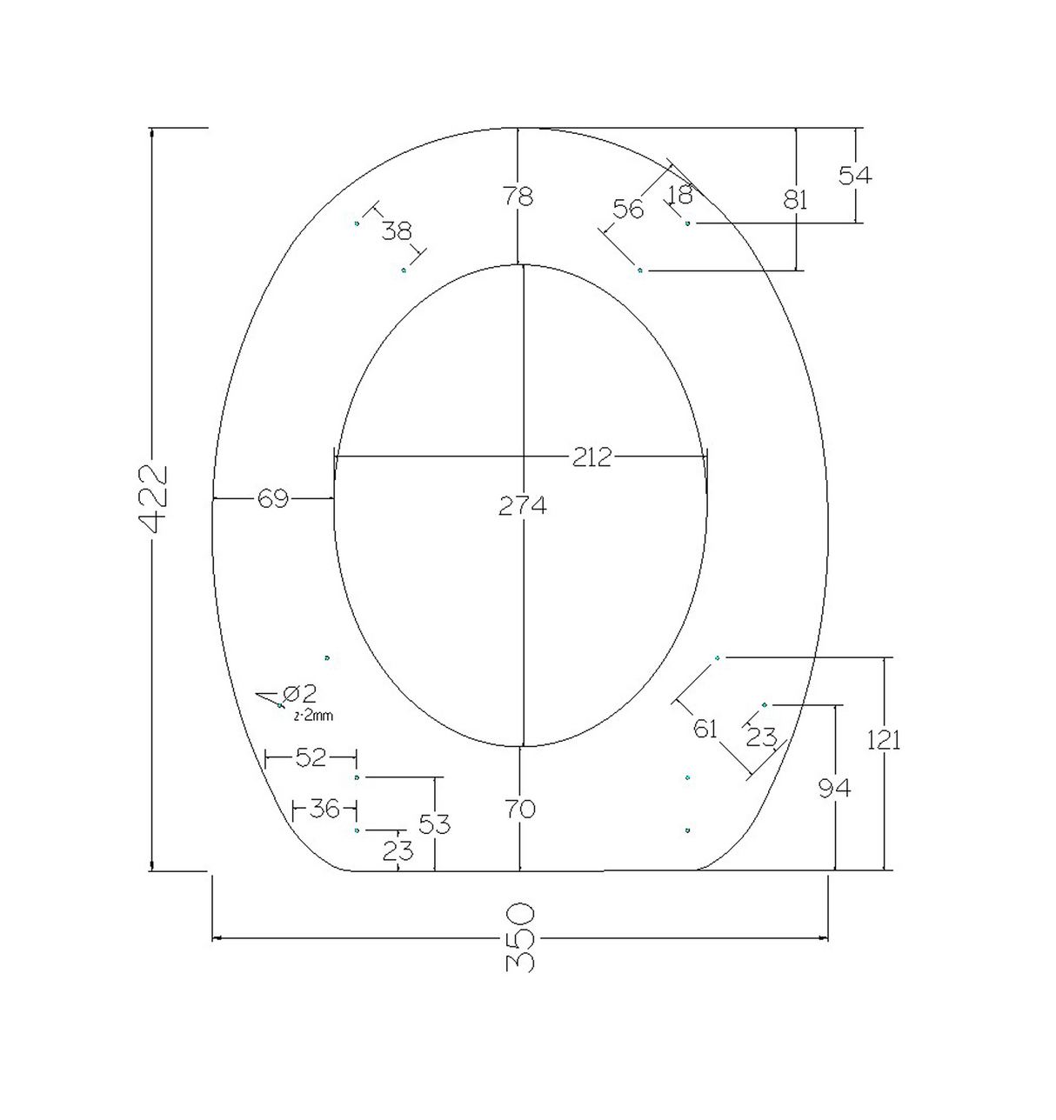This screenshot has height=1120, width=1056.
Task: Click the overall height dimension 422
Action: tap(151, 498)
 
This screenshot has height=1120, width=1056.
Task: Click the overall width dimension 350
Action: tap(519, 937)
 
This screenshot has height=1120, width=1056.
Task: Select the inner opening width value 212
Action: tap(592, 457)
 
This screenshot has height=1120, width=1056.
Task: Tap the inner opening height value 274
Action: tap(522, 505)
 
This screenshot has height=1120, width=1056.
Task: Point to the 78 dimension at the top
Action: tap(518, 197)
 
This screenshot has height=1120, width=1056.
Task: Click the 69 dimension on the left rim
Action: tap(272, 499)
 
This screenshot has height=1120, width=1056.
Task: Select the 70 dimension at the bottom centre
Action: tap(519, 810)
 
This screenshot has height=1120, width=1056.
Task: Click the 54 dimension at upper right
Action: tap(855, 176)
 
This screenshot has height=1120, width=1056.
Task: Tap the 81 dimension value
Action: tap(795, 200)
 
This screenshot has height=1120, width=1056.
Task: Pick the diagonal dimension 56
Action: tap(628, 209)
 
